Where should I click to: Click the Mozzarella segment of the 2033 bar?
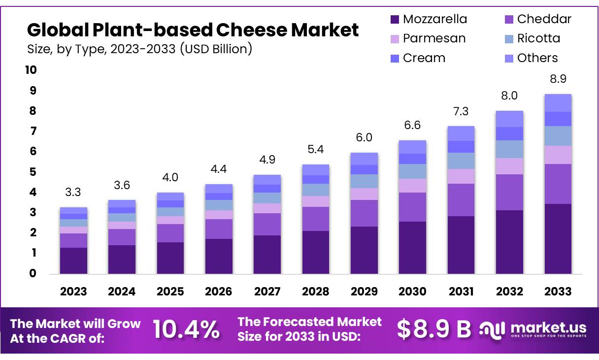click(558, 239)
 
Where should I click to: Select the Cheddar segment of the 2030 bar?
click(412, 207)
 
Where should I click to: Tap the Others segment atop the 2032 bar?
click(509, 119)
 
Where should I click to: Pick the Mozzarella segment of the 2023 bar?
click(73, 261)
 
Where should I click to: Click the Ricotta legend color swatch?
click(508, 39)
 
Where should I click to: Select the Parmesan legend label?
click(434, 38)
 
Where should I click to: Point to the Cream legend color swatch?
click(395, 58)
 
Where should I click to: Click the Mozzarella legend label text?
click(434, 19)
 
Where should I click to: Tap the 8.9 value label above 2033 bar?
click(558, 79)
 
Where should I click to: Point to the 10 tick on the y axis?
click(31, 70)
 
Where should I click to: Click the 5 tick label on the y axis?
click(33, 172)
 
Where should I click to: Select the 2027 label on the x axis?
click(267, 292)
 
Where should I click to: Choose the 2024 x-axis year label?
click(122, 292)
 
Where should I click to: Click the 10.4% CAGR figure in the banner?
click(186, 329)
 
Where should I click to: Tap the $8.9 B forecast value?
click(434, 329)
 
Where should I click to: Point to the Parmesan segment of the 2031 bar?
click(461, 176)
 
